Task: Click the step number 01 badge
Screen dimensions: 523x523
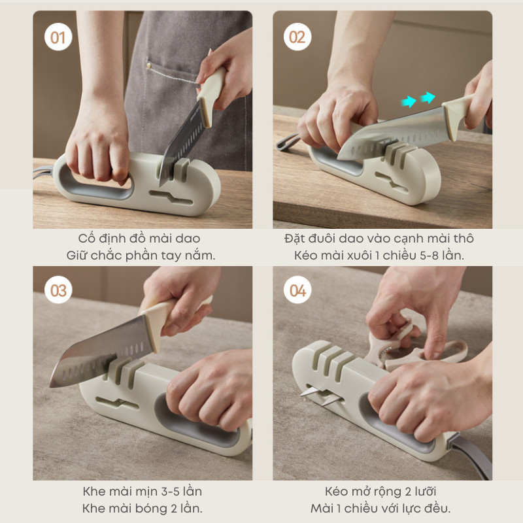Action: (x=58, y=37)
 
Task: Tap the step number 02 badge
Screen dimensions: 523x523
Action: (x=297, y=37)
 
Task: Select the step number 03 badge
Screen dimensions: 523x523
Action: (x=58, y=290)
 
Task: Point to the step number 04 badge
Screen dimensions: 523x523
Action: (x=297, y=290)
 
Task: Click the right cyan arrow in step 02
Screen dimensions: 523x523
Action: (x=428, y=97)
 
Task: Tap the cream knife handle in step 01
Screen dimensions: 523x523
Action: (x=211, y=94)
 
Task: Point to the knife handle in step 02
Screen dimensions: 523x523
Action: (x=457, y=116)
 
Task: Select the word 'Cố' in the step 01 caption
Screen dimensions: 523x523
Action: (x=84, y=238)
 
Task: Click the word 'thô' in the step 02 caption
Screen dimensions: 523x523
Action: (x=464, y=238)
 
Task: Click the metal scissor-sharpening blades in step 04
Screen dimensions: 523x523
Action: (x=322, y=396)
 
